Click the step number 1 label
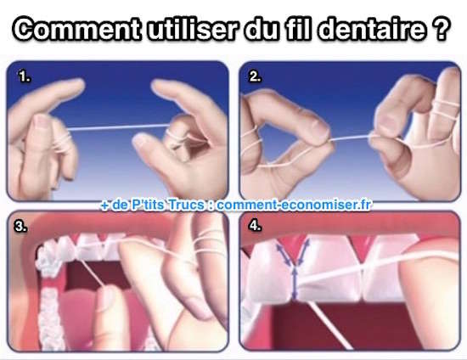point(25,76)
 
